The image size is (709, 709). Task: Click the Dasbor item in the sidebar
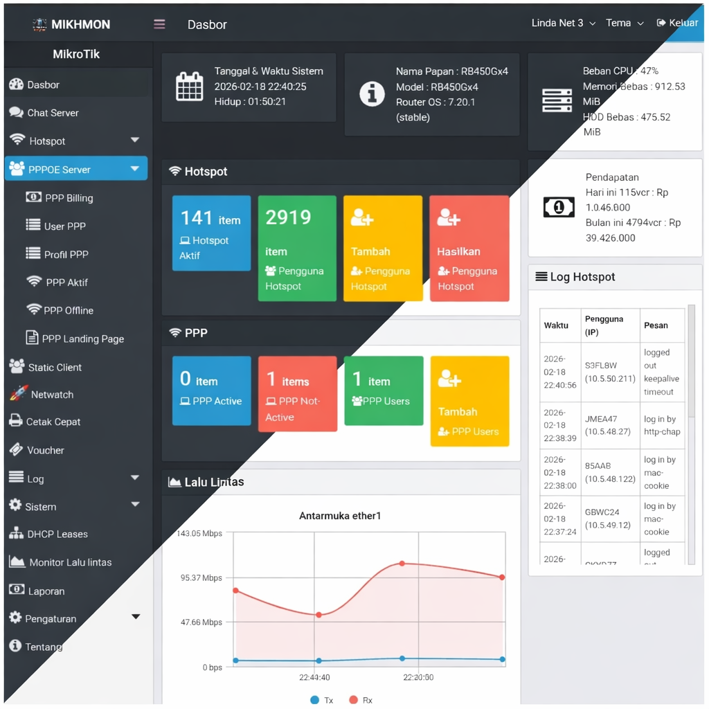coord(43,85)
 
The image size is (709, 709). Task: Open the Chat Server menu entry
coord(52,113)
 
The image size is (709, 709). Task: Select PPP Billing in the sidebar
coord(69,198)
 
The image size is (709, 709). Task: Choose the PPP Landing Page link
coord(82,339)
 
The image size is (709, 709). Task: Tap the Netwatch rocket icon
coord(19,394)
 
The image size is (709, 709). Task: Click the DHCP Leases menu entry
coord(57,534)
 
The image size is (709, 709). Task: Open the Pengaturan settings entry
coord(51,618)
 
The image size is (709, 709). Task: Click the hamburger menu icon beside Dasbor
coord(159,24)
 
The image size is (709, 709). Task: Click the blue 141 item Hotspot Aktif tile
coord(211,233)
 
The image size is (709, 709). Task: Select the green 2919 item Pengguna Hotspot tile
coord(297,248)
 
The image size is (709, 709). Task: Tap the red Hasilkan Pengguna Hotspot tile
coord(469,248)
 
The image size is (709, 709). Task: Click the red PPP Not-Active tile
coord(297,393)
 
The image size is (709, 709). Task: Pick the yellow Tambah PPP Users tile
coord(469,401)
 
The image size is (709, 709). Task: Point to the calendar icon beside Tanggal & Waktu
coord(189,87)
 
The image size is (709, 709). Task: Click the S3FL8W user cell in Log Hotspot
coord(609,372)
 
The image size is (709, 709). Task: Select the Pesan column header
coord(656,325)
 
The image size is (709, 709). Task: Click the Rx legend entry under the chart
coord(361,700)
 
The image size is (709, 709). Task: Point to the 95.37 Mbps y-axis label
coord(201,577)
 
